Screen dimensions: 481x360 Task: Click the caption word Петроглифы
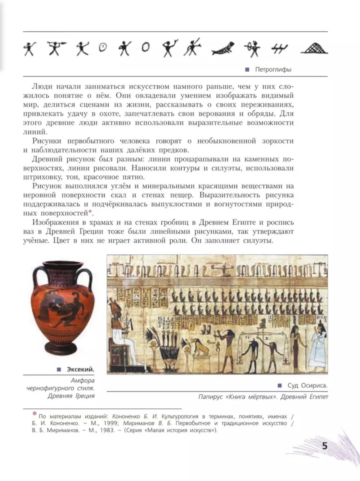point(273,69)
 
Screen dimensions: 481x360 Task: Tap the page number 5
point(325,446)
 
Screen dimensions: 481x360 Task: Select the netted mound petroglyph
point(314,48)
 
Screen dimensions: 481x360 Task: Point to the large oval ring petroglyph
point(145,47)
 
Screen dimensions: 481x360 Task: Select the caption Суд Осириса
point(307,386)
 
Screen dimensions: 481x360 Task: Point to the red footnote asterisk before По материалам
point(35,414)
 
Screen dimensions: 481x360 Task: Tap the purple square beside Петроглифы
point(247,70)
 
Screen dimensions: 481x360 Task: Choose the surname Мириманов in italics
point(139,423)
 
